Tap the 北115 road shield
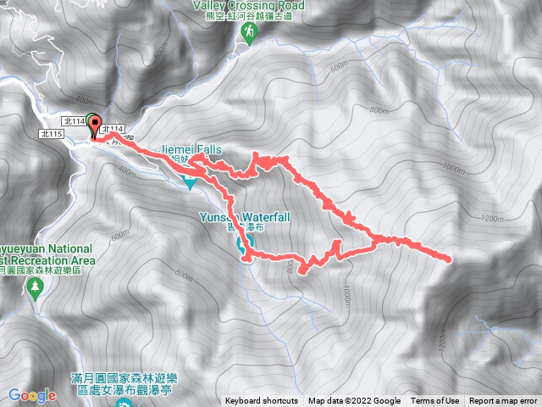tap(51, 134)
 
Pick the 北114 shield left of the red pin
tap(75, 122)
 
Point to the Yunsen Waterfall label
tap(245, 217)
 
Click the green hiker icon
tap(250, 32)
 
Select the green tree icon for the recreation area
tap(35, 288)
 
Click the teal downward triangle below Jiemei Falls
tap(190, 181)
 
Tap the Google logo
tap(32, 395)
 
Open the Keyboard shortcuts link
tap(262, 401)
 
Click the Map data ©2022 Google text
tap(355, 401)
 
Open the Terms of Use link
tap(435, 401)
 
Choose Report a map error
tap(504, 401)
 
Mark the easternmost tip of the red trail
tap(449, 257)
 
